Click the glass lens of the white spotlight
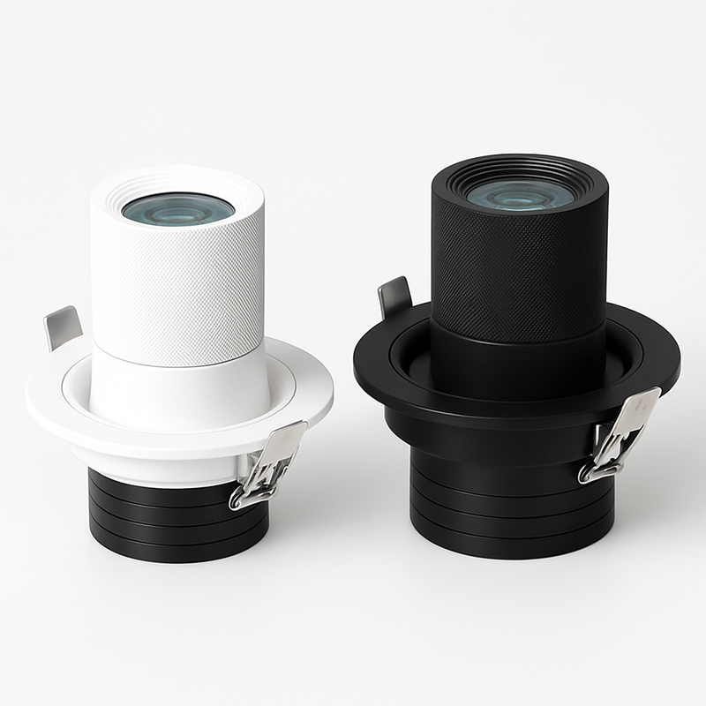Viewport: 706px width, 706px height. pos(179,208)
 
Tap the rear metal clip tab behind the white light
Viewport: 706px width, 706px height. pos(62,327)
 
